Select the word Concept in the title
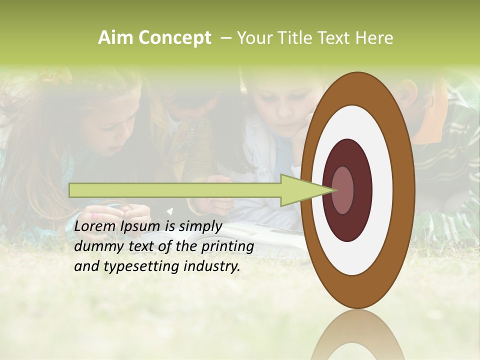tap(174, 38)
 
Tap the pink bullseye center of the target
tap(342, 190)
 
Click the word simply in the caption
tap(199, 226)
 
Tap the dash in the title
tap(225, 38)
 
